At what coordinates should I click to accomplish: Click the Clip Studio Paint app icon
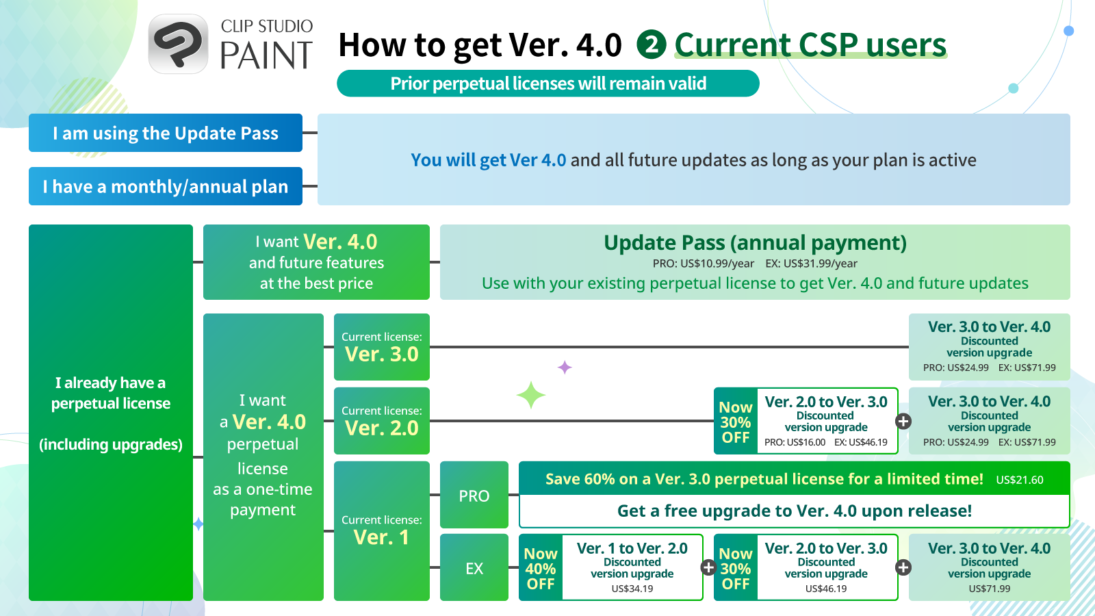tap(179, 44)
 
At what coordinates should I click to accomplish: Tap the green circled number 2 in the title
tap(651, 44)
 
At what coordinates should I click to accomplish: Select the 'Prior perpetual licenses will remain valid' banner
tap(548, 84)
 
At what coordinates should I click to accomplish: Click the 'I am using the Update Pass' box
tap(166, 133)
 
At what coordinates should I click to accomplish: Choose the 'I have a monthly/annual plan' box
tap(166, 186)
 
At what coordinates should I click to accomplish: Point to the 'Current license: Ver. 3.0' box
tap(382, 347)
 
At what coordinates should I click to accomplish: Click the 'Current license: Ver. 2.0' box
tap(382, 421)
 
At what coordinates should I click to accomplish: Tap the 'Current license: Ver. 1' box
tap(382, 531)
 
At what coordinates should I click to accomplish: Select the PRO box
tap(474, 495)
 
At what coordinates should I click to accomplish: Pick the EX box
tap(474, 567)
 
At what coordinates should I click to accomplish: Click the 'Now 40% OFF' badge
tap(541, 567)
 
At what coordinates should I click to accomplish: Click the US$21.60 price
tap(1020, 480)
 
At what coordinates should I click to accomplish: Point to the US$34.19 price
tap(632, 589)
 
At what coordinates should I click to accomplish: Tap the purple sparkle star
tap(565, 367)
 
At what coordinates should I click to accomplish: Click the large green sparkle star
tap(531, 395)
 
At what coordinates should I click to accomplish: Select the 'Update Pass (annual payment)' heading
tap(756, 242)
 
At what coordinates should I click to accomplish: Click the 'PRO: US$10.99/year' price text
tap(703, 264)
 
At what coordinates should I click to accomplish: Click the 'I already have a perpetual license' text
tap(110, 393)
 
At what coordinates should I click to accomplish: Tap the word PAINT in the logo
tap(266, 55)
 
